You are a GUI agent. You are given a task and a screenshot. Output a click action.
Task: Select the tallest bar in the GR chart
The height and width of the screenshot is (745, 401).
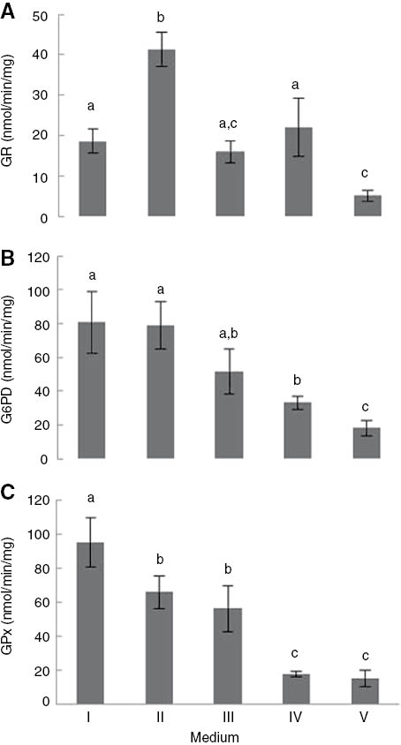pyautogui.click(x=161, y=132)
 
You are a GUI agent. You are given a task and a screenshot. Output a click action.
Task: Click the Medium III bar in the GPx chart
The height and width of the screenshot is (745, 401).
pyautogui.click(x=230, y=655)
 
